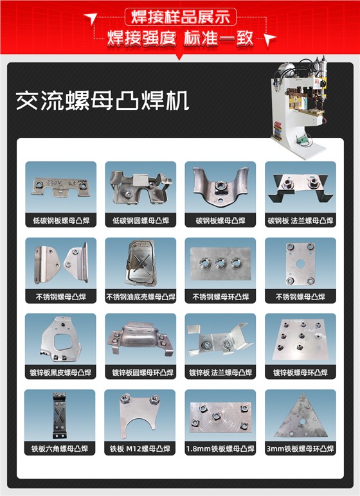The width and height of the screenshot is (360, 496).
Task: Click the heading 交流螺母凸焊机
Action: pos(102,101)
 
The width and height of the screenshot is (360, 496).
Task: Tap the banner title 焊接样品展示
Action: pos(180,16)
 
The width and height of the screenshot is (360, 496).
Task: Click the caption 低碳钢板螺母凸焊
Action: pos(60,220)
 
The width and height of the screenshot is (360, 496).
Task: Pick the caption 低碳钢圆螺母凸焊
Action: pos(140,220)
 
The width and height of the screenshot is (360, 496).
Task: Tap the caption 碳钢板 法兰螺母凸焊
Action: pos(300,220)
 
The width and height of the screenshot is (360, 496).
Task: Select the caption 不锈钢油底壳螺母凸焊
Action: pos(140,297)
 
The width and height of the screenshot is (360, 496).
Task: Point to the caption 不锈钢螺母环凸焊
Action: pos(221,297)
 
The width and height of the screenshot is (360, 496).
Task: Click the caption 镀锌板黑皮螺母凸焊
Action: pos(60,373)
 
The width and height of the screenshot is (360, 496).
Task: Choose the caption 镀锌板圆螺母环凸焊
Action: pos(140,373)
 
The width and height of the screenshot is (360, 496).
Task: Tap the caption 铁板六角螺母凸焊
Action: pos(60,448)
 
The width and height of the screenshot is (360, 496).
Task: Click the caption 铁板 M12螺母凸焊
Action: pos(140,448)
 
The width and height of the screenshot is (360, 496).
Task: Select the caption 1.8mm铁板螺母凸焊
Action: pos(221,448)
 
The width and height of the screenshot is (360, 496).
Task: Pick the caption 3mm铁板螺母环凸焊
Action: pos(300,448)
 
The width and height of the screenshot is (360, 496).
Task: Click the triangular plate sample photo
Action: pos(300,415)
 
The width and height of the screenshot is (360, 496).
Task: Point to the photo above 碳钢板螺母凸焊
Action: pos(221,187)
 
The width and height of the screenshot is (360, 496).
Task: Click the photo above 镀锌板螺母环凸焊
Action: pos(300,339)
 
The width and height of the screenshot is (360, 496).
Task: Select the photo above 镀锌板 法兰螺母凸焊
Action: pos(221,339)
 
